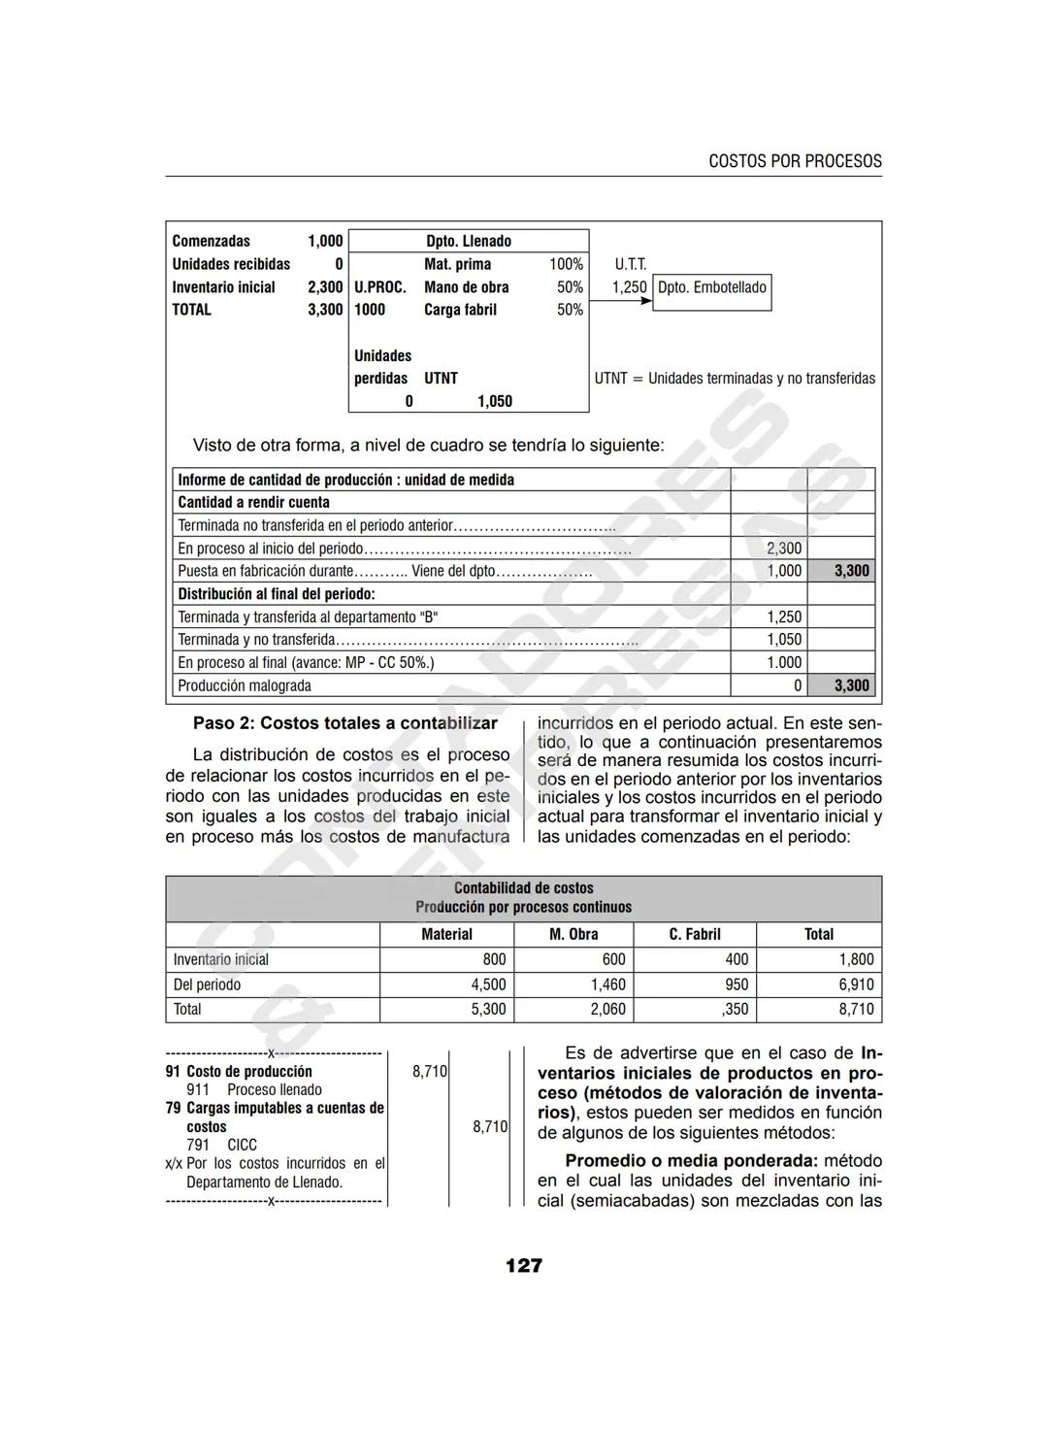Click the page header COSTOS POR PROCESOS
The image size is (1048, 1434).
click(x=795, y=161)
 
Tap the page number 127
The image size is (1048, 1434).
click(x=524, y=1265)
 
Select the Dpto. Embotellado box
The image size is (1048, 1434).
click(x=712, y=288)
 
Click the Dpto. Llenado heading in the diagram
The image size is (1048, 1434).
click(x=468, y=241)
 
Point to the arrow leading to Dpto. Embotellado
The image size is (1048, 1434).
click(x=621, y=301)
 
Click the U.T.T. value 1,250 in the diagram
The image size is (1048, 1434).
click(x=629, y=287)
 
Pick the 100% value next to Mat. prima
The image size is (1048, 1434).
click(x=566, y=264)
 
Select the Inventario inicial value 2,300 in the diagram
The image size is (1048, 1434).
click(x=325, y=287)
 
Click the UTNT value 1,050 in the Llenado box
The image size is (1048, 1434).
click(x=494, y=401)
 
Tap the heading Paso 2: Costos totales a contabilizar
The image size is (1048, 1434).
click(x=344, y=723)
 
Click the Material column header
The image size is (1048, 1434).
click(x=446, y=934)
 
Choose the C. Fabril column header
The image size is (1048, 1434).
click(x=694, y=934)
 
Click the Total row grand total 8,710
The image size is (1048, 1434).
click(x=856, y=1010)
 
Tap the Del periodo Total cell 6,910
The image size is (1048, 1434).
click(x=856, y=984)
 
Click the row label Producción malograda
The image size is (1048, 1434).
click(x=245, y=685)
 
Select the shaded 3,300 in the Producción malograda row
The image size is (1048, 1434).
click(x=851, y=685)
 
